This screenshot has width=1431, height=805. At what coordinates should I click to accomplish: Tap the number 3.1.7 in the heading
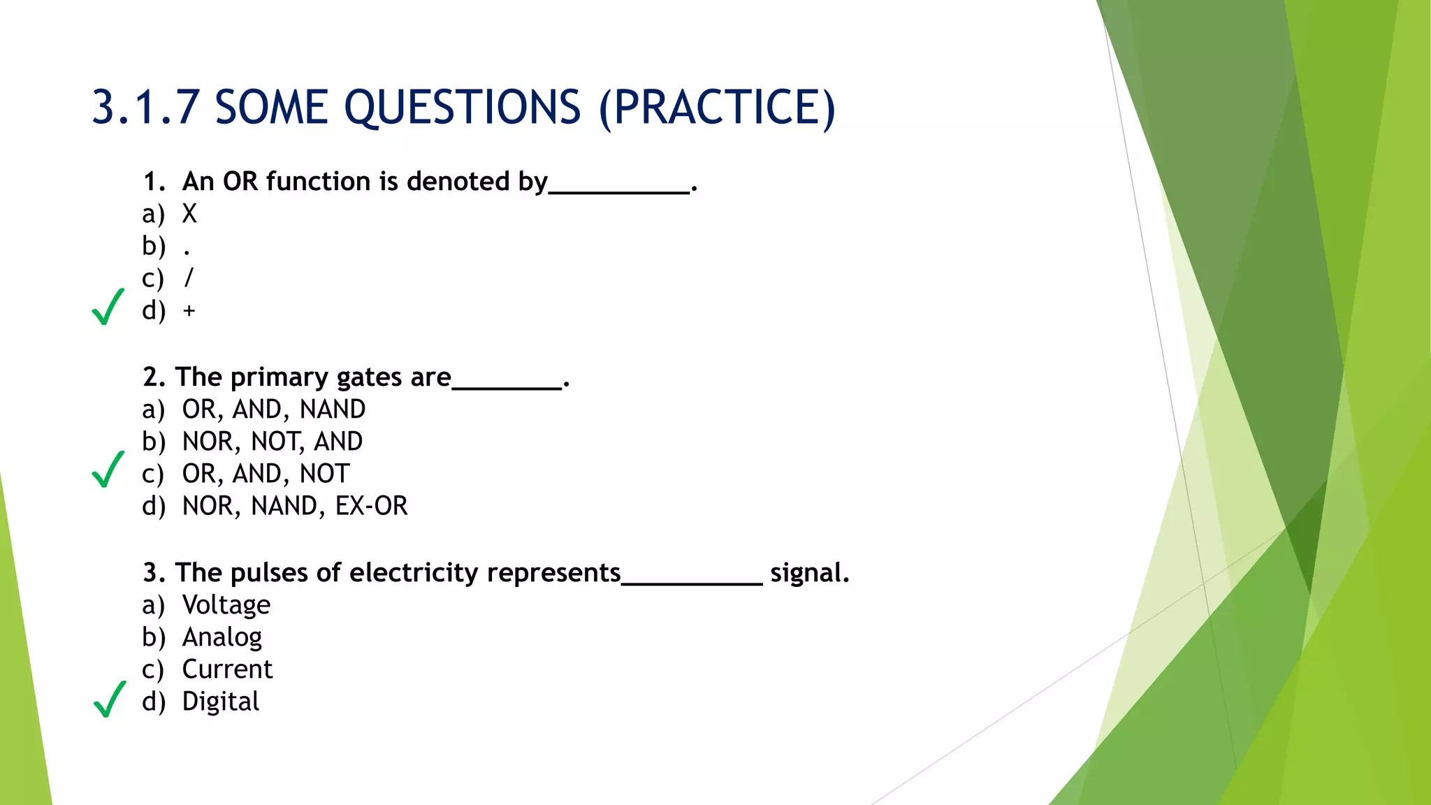coord(145,108)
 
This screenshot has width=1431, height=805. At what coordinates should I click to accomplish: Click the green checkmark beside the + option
coord(108,307)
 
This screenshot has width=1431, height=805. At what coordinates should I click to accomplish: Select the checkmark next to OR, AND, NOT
coord(108,470)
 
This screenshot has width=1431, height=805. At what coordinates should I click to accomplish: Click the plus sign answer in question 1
coord(189,310)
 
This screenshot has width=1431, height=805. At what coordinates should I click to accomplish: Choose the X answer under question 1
coord(189,214)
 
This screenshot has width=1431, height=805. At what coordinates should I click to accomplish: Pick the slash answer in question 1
coord(188,278)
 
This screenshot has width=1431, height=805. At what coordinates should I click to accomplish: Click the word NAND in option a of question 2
coord(333,409)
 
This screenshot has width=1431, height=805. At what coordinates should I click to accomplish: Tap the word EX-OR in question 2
coord(371,506)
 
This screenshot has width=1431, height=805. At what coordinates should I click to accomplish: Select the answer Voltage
coord(226,605)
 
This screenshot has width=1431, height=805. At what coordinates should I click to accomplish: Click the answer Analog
coord(222,637)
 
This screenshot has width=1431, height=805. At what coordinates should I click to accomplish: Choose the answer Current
coord(227,669)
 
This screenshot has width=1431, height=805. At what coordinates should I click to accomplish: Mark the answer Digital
coord(220,702)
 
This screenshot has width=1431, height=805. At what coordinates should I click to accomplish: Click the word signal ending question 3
coord(809,573)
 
